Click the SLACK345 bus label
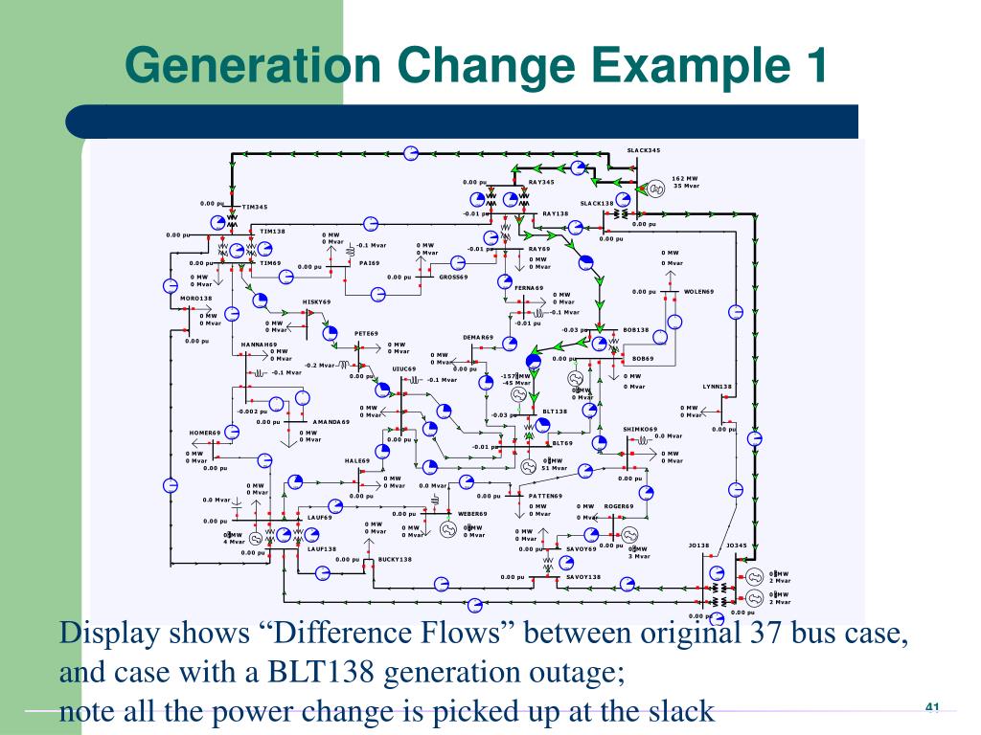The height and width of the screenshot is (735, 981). [x=644, y=150]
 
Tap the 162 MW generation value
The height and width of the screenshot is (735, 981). [x=685, y=178]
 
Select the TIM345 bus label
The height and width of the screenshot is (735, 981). [x=255, y=207]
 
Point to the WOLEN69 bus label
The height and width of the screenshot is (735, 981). [x=698, y=291]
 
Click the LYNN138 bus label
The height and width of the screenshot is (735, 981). [x=717, y=387]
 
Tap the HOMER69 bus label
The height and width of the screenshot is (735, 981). [x=204, y=433]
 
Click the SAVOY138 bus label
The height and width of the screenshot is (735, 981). [x=583, y=577]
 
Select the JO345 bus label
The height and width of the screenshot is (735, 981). [x=737, y=546]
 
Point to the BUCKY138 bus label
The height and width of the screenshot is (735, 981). [x=395, y=559]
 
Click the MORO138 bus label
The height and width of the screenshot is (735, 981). [x=196, y=299]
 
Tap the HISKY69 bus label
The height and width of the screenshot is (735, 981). [x=316, y=301]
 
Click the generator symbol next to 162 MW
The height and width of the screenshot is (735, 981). [x=656, y=189]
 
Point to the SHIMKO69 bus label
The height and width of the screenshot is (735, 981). [x=640, y=429]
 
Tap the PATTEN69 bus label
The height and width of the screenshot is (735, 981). [x=546, y=496]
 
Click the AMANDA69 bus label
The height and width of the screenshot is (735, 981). [x=331, y=422]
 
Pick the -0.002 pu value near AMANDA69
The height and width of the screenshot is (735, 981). [x=252, y=412]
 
